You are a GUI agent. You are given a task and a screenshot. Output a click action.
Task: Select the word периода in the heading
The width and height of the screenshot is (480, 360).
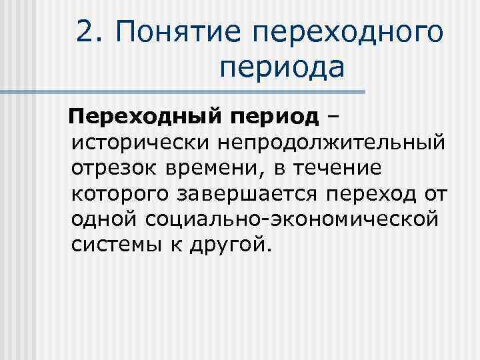click(281, 67)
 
